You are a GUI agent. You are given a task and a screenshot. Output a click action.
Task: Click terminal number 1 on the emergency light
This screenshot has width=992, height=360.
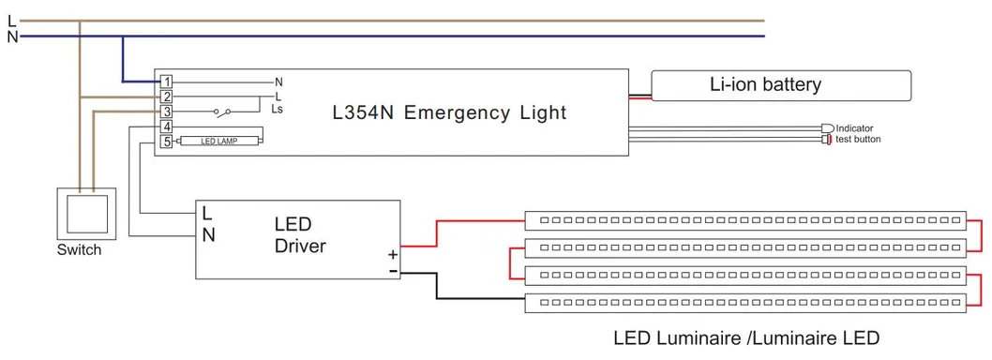pyautogui.click(x=166, y=82)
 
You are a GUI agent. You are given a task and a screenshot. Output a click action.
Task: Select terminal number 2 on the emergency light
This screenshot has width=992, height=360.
pyautogui.click(x=166, y=97)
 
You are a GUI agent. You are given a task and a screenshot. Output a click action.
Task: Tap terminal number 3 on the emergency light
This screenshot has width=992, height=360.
pyautogui.click(x=166, y=112)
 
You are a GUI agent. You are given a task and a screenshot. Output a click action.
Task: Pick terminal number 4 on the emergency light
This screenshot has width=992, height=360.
pyautogui.click(x=166, y=127)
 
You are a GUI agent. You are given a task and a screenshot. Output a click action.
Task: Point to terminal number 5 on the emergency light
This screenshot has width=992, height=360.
pyautogui.click(x=166, y=142)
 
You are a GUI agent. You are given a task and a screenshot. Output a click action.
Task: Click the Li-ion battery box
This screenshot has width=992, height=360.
pyautogui.click(x=780, y=85)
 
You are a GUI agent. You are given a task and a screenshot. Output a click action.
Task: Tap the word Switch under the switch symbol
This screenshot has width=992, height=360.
pyautogui.click(x=79, y=250)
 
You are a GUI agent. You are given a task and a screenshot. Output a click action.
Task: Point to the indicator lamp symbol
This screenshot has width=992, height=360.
pyautogui.click(x=827, y=127)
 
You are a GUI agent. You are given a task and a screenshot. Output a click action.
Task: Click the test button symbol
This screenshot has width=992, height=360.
pyautogui.click(x=826, y=140)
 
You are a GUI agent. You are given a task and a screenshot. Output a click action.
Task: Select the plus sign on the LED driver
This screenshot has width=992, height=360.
pyautogui.click(x=393, y=254)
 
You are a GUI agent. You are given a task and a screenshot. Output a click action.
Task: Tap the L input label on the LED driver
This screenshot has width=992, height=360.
pyautogui.click(x=206, y=213)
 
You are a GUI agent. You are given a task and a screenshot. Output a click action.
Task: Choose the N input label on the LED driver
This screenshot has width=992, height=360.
pyautogui.click(x=208, y=235)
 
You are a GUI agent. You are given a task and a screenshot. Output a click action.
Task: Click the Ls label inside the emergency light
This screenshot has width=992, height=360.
pyautogui.click(x=278, y=110)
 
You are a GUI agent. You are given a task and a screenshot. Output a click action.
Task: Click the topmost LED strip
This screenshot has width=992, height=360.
pyautogui.click(x=745, y=220)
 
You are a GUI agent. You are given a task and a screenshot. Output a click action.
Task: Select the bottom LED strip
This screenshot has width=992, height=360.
pyautogui.click(x=745, y=303)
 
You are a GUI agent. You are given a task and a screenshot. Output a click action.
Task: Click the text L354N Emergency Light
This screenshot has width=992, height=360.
pyautogui.click(x=450, y=112)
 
